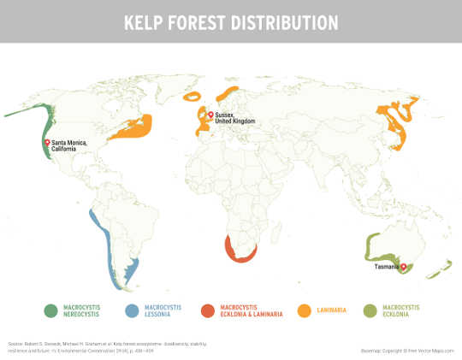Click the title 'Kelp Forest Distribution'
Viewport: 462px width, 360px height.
[x=230, y=21]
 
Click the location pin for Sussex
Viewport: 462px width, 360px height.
[x=210, y=115]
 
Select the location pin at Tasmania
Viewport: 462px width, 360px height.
[x=403, y=266]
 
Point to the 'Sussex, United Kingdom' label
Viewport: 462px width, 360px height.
[x=235, y=118]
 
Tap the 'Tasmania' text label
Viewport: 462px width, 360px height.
[x=385, y=267]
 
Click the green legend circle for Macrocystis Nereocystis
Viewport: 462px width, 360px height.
[x=50, y=310]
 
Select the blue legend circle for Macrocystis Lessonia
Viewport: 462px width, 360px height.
[x=132, y=310]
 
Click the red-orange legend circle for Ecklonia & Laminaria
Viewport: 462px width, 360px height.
[x=208, y=310]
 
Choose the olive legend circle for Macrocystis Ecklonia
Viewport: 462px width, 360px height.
[x=370, y=310]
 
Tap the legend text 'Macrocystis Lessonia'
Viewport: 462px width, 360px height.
[x=163, y=310]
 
